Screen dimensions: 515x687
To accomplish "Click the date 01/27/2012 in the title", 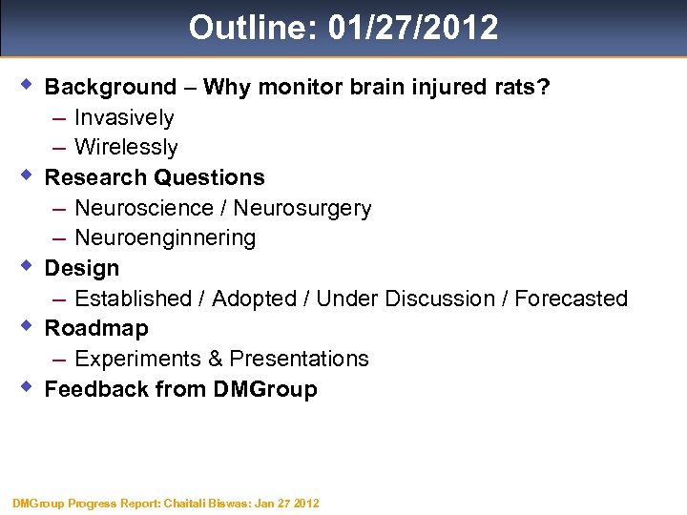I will point(412,27).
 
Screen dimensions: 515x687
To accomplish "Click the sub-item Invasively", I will point(124,117).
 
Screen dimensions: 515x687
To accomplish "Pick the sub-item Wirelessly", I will point(126,148).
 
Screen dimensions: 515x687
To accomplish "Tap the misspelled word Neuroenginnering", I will point(164,238).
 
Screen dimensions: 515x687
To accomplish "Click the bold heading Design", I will point(82,268).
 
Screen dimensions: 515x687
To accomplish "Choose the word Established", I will point(133,299).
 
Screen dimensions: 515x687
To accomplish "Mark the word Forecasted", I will point(571,299).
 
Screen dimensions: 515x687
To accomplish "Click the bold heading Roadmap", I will point(96,328).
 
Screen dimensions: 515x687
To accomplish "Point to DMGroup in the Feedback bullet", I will point(268,389).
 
